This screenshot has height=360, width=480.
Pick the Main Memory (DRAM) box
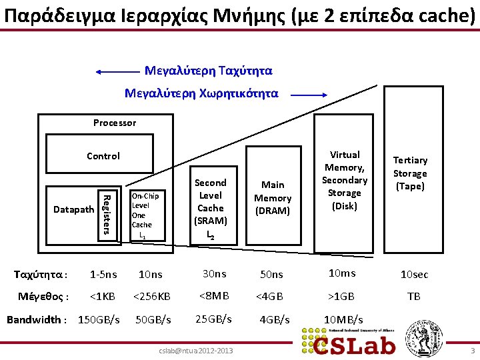(x=273, y=197)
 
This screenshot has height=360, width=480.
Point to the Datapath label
(x=73, y=209)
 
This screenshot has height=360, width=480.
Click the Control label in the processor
(x=103, y=156)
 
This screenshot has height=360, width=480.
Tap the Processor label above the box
(x=115, y=123)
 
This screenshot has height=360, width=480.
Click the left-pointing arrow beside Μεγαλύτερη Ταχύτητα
(x=117, y=71)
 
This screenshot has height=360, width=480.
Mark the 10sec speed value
(x=414, y=275)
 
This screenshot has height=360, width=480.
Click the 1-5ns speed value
(x=103, y=274)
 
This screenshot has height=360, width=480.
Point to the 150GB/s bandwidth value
(x=99, y=319)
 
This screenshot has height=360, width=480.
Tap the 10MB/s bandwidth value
(x=343, y=319)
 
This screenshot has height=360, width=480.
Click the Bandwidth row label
(x=37, y=319)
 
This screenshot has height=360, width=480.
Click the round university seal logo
(x=420, y=337)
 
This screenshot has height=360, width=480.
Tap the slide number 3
(x=472, y=351)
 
